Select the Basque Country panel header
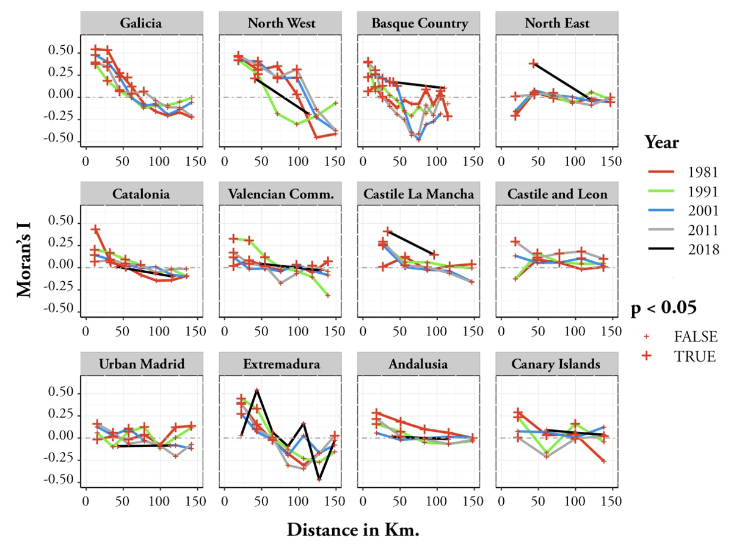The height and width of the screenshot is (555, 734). [420, 24]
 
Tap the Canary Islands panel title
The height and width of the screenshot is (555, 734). [558, 365]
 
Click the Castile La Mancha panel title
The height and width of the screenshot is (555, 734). [420, 195]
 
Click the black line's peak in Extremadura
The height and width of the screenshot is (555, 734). [257, 390]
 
